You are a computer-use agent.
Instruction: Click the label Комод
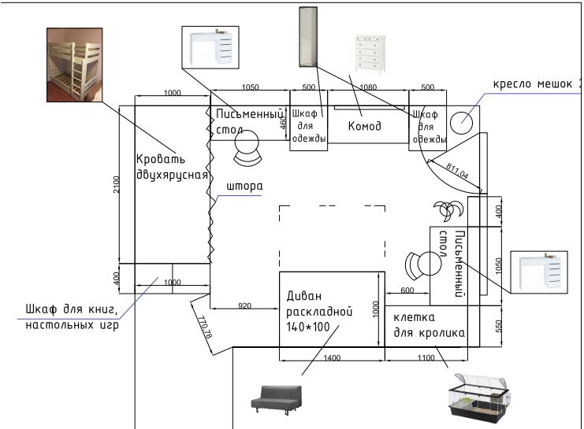pos(365,127)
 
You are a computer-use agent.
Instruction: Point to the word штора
pos(244,187)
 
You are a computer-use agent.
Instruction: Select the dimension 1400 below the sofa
pos(332,358)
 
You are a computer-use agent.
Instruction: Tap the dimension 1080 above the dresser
pos(367,87)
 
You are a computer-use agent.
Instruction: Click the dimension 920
pos(245,305)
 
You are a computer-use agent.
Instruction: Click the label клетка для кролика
pos(429,324)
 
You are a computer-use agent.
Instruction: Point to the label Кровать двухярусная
pos(171,167)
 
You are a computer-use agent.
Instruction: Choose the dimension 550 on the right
pos(497,326)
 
